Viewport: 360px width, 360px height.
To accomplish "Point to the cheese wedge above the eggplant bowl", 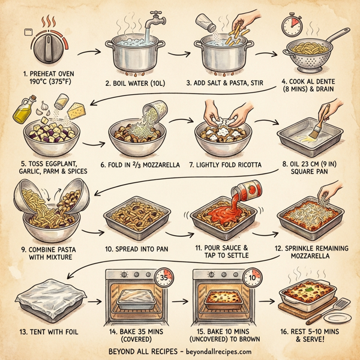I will [x=76, y=112].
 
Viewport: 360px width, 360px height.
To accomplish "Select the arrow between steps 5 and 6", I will [x=91, y=144].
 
